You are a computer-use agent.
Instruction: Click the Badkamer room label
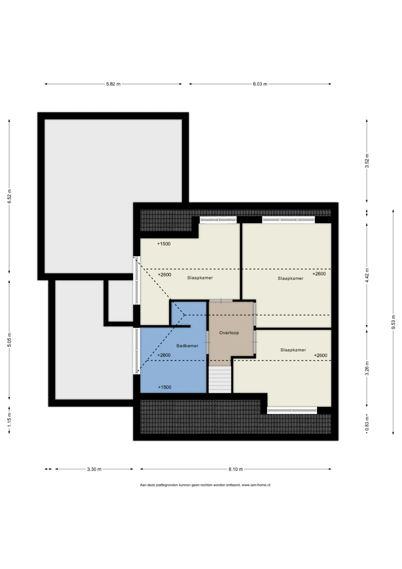pyautogui.click(x=187, y=346)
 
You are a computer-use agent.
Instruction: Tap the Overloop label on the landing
pyautogui.click(x=229, y=333)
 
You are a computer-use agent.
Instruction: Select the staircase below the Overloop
pyautogui.click(x=220, y=379)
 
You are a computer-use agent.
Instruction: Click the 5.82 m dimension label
pyautogui.click(x=113, y=84)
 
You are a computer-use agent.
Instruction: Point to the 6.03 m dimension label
pyautogui.click(x=260, y=84)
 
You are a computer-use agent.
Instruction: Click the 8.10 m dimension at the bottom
pyautogui.click(x=236, y=469)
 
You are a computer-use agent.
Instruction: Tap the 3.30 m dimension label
pyautogui.click(x=94, y=469)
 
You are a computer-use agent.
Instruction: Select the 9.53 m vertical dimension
pyautogui.click(x=393, y=322)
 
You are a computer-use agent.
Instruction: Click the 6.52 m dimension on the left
pyautogui.click(x=9, y=196)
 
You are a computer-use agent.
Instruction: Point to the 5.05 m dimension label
pyautogui.click(x=9, y=340)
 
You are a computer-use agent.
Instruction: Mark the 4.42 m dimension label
pyautogui.click(x=367, y=276)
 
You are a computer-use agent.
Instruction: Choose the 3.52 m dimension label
pyautogui.click(x=367, y=161)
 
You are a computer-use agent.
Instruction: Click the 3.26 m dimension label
pyautogui.click(x=367, y=368)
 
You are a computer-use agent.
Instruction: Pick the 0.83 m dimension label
pyautogui.click(x=367, y=424)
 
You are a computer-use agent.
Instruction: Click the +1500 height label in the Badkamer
pyautogui.click(x=165, y=387)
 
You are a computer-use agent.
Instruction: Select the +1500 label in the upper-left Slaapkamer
pyautogui.click(x=164, y=244)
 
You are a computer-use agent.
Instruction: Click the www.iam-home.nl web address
pyautogui.click(x=256, y=485)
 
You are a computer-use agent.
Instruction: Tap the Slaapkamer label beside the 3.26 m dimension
pyautogui.click(x=293, y=350)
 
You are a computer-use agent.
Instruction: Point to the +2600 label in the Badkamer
pyautogui.click(x=164, y=355)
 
